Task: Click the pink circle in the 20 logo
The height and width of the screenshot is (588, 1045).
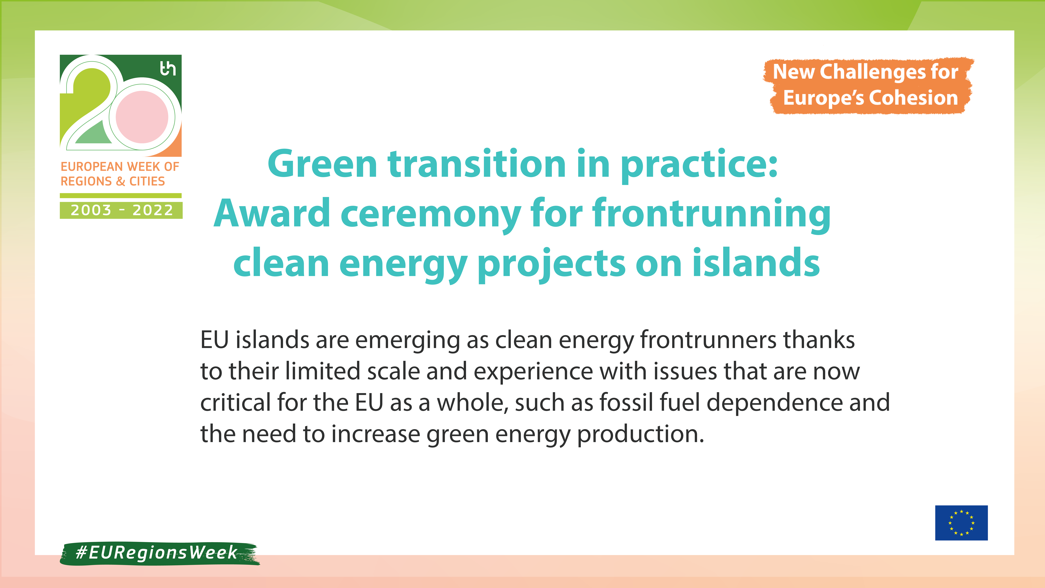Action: click(142, 117)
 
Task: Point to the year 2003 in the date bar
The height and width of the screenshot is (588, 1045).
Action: click(91, 210)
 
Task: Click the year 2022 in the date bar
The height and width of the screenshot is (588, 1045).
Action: click(153, 210)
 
